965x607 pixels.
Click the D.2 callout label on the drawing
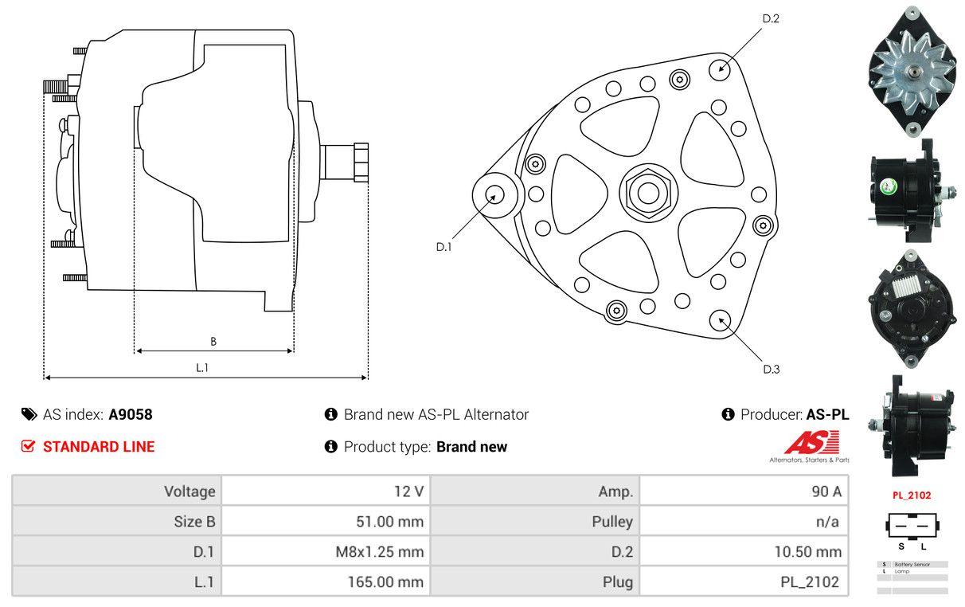pyautogui.click(x=770, y=18)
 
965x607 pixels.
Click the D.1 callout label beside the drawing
pyautogui.click(x=443, y=247)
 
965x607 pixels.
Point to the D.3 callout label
pyautogui.click(x=771, y=369)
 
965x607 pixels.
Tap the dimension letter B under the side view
pyautogui.click(x=213, y=342)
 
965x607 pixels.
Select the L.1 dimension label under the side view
pyautogui.click(x=202, y=367)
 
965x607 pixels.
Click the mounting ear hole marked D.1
pyautogui.click(x=494, y=194)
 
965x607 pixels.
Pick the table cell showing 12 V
pyautogui.click(x=408, y=491)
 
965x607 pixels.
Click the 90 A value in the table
pyautogui.click(x=826, y=491)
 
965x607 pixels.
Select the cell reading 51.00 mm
pyautogui.click(x=389, y=523)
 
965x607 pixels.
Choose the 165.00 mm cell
pyautogui.click(x=385, y=582)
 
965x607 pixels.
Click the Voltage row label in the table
pyautogui.click(x=189, y=491)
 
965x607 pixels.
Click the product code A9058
pyautogui.click(x=131, y=414)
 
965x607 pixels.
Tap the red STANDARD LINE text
pyautogui.click(x=99, y=447)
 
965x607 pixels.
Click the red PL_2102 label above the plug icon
pyautogui.click(x=911, y=495)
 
